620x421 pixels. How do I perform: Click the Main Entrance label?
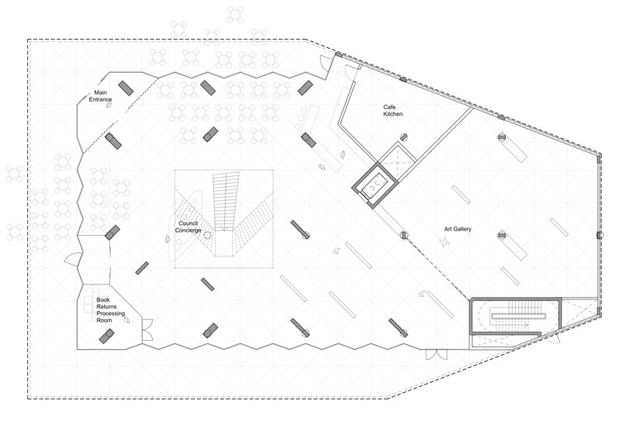tap(100, 96)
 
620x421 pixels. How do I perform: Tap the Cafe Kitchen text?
tap(393, 110)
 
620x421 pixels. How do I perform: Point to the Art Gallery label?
tap(457, 229)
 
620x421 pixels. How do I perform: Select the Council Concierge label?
tap(188, 227)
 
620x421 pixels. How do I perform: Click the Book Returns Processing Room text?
tap(110, 310)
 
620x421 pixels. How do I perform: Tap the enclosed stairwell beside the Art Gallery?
tap(515, 316)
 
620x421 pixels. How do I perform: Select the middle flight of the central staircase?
tap(226, 201)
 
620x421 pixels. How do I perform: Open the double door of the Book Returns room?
tap(146, 329)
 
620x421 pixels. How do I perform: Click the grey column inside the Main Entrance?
tap(126, 88)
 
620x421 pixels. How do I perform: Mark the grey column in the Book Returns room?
tap(107, 337)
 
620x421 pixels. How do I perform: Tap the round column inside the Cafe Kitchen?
tap(403, 137)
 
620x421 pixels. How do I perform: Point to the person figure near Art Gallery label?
tap(445, 241)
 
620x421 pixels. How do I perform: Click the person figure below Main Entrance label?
tap(109, 106)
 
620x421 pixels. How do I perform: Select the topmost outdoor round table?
tap(236, 15)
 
